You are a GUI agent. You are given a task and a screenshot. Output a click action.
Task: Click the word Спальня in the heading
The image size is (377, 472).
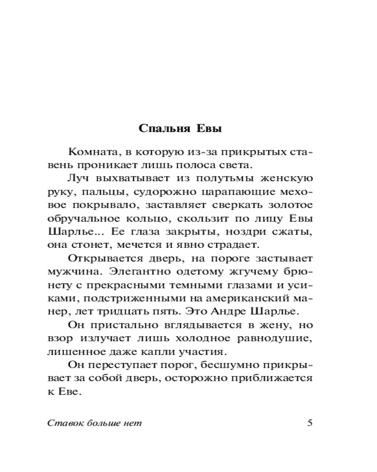tap(159, 129)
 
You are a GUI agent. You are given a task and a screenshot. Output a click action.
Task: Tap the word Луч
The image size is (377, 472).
tap(79, 178)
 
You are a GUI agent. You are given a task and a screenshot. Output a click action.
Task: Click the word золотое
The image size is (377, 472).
tap(289, 205)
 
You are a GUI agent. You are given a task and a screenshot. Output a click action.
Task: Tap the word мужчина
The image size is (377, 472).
tap(71, 272)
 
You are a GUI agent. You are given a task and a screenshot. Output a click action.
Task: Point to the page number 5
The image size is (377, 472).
tap(310, 422)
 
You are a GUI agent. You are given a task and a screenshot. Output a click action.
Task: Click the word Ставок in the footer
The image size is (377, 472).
tap(64, 423)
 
